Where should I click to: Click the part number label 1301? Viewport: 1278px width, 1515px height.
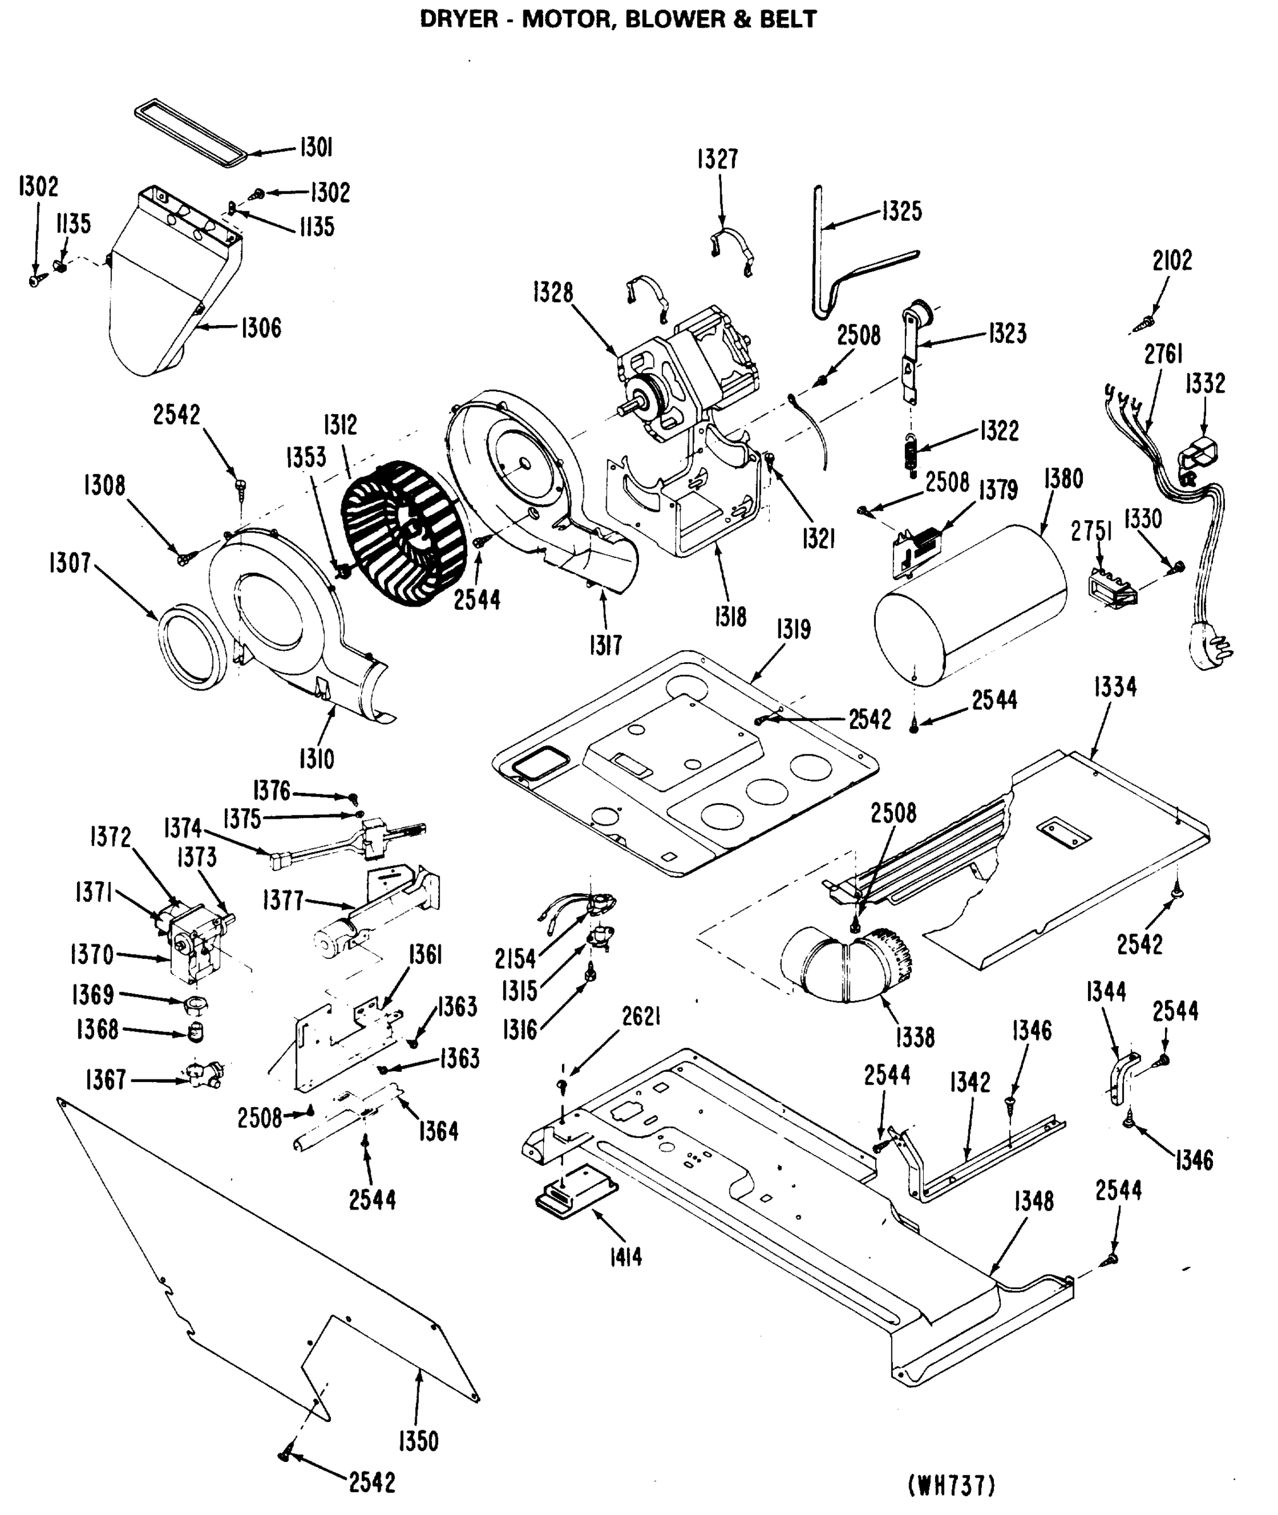pyautogui.click(x=316, y=148)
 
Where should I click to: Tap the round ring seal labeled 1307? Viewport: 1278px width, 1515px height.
pyautogui.click(x=190, y=648)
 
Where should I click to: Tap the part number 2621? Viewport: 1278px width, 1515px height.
pyautogui.click(x=641, y=1017)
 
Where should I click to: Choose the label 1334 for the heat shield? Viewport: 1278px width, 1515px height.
pyautogui.click(x=1114, y=687)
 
